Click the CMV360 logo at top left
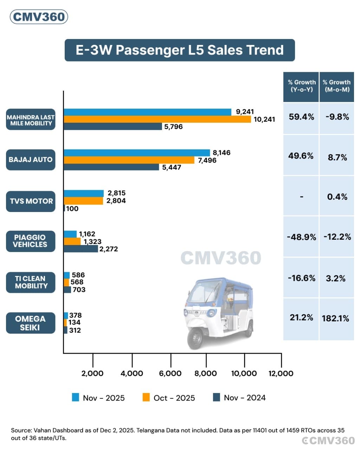point(39,17)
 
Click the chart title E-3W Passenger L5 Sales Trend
point(180,50)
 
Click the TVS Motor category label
point(31,201)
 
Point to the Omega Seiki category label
point(31,323)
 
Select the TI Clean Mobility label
point(31,282)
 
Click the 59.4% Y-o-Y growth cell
point(301,117)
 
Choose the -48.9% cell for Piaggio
point(301,237)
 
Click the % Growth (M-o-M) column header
point(336,86)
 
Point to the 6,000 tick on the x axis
point(171,373)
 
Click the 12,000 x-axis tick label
point(281,373)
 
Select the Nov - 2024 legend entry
point(240,398)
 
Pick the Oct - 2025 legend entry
point(169,398)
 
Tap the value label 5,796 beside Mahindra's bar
point(173,127)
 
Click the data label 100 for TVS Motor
point(72,208)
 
